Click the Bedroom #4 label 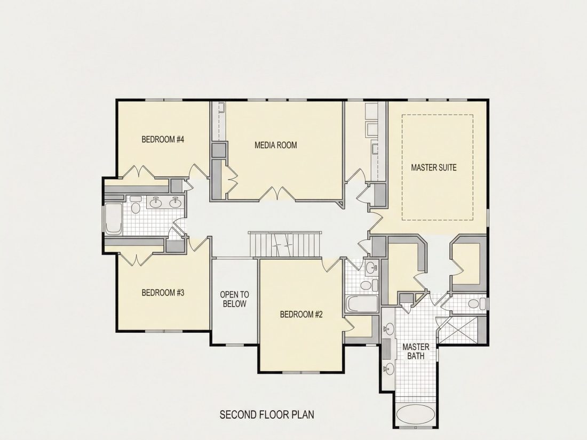click(163, 140)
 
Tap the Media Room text click(275, 145)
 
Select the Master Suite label click(433, 167)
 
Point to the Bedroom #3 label click(163, 293)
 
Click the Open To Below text click(234, 299)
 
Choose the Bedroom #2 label click(301, 314)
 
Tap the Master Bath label click(416, 351)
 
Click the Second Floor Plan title click(266, 414)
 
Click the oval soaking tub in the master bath click(416, 415)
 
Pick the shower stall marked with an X click(458, 330)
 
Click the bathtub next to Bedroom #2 click(362, 304)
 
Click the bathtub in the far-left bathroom click(114, 219)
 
